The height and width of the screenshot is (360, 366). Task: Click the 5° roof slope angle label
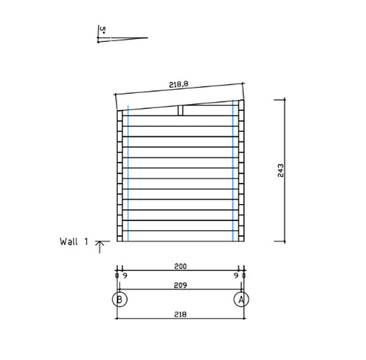102,29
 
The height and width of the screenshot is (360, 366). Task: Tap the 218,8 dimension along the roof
178,84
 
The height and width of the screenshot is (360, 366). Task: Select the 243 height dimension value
281,171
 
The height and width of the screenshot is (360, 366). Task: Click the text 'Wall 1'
73,241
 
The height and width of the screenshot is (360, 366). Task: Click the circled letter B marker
119,299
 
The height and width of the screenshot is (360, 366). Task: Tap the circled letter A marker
241,299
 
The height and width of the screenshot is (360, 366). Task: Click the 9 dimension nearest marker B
124,275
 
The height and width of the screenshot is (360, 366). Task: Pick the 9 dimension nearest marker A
237,275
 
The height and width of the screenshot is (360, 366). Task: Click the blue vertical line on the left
128,172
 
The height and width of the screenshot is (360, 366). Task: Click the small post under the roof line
181,110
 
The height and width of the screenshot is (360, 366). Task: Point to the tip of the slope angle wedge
147,38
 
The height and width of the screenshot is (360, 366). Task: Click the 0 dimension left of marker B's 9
117,275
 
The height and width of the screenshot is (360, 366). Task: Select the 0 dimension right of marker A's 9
244,275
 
